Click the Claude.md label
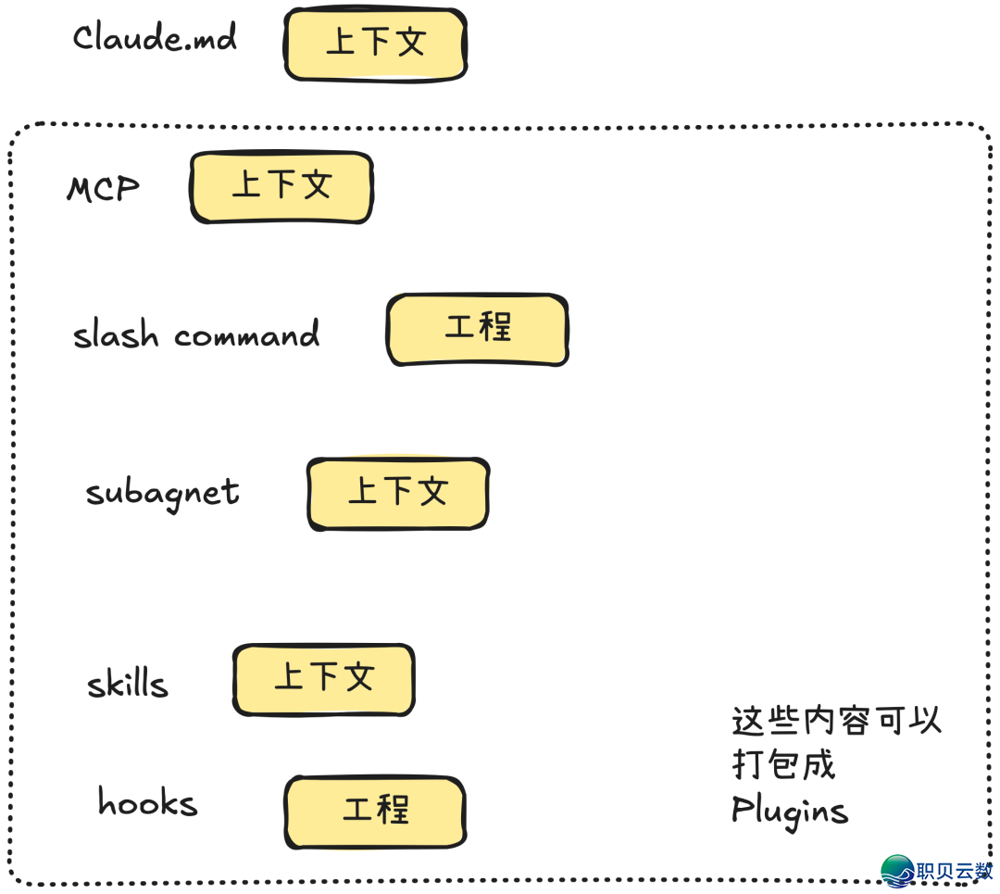(x=155, y=38)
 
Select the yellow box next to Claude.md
(x=375, y=44)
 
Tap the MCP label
(x=103, y=189)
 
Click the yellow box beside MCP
(x=281, y=187)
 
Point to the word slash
(x=116, y=334)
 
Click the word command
(x=247, y=334)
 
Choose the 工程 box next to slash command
(x=477, y=330)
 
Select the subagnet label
(x=163, y=494)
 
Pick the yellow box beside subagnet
(x=397, y=494)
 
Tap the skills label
(x=128, y=685)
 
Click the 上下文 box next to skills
(x=323, y=680)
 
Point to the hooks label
(x=148, y=802)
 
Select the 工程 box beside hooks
(x=375, y=812)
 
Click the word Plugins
(x=789, y=812)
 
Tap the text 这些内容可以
(x=836, y=720)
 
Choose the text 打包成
(x=783, y=765)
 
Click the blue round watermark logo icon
(x=897, y=871)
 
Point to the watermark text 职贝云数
(x=954, y=873)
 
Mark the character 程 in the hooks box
(x=394, y=811)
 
